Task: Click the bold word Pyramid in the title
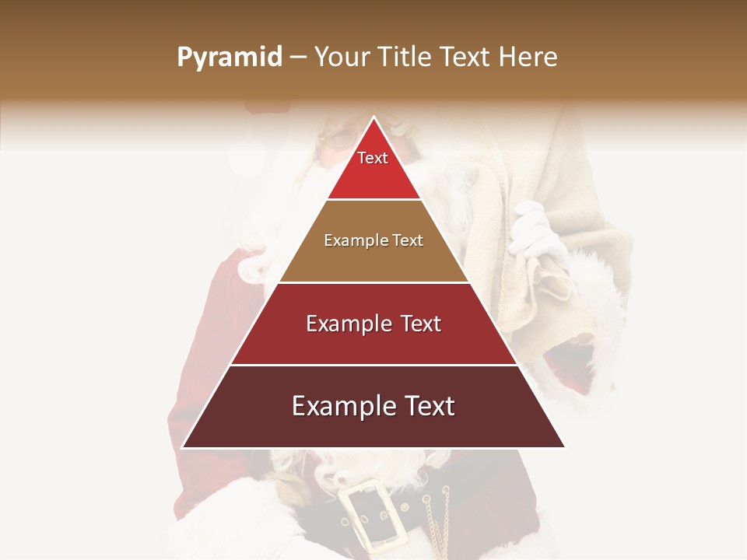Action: (x=230, y=58)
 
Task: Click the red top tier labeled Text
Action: (x=373, y=167)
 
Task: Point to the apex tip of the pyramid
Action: (x=373, y=118)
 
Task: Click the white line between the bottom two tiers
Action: (x=373, y=365)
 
